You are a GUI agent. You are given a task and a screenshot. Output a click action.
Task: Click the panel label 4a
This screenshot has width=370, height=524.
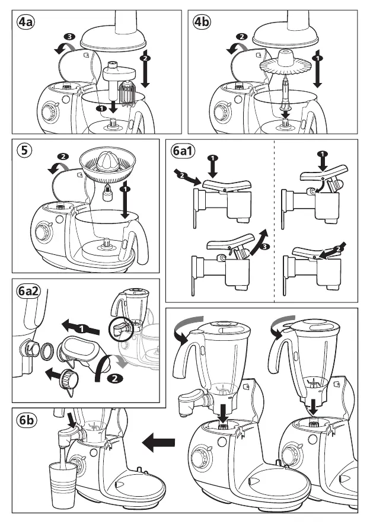tap(26, 23)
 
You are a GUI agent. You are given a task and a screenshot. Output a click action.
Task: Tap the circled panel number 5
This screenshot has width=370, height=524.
tap(24, 151)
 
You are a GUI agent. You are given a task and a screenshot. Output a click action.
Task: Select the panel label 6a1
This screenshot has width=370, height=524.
tap(182, 151)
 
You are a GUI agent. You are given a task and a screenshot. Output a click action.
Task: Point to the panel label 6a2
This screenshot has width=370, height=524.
tap(27, 291)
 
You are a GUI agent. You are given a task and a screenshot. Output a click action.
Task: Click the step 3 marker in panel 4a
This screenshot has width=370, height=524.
tap(70, 37)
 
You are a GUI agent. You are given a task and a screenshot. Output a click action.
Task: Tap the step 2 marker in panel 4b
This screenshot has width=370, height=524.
tap(241, 37)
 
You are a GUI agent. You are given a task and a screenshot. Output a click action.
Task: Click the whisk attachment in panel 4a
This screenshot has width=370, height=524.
tap(127, 95)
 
